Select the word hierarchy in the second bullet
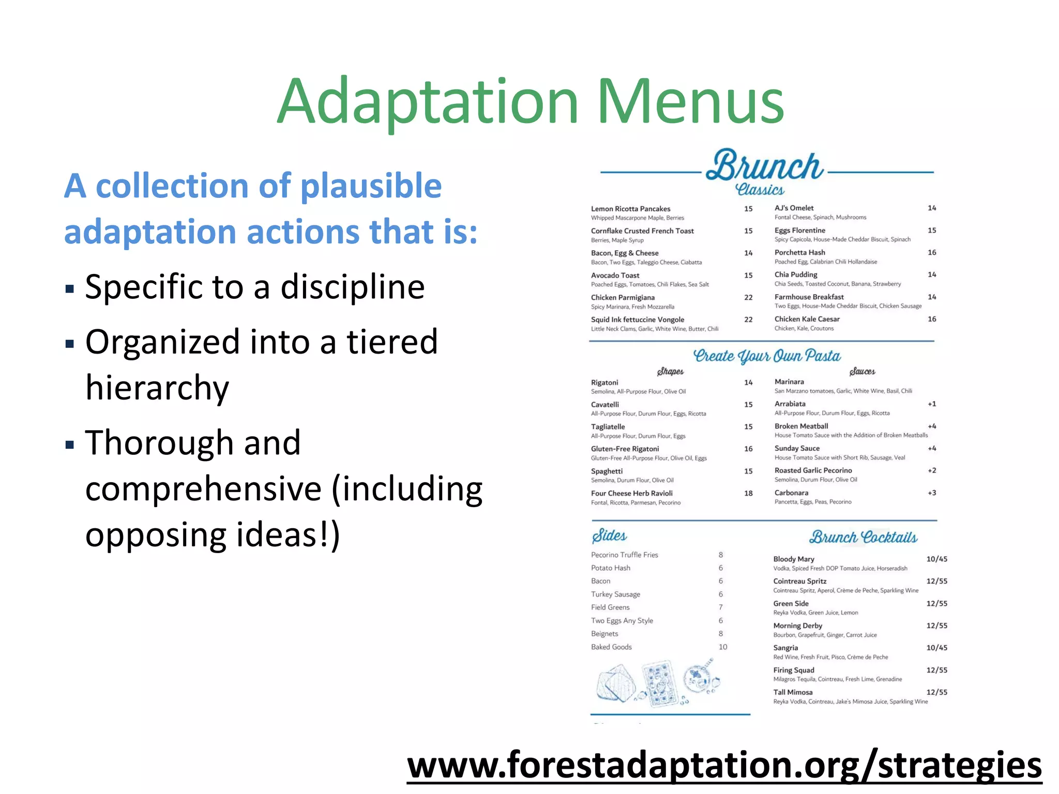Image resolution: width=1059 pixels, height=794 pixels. (x=157, y=388)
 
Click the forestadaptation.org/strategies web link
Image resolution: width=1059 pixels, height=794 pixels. (x=724, y=765)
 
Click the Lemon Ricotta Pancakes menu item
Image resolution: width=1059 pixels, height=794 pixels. (x=630, y=209)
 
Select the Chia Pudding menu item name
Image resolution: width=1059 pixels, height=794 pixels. (x=796, y=274)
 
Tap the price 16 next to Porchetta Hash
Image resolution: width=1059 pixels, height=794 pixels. (x=932, y=252)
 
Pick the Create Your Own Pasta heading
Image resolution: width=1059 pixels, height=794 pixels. (x=766, y=356)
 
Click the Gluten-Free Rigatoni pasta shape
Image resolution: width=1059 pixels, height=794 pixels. (x=625, y=449)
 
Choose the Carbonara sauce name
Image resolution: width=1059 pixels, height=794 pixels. (x=791, y=493)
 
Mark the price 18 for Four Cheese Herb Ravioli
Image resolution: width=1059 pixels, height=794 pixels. (x=748, y=493)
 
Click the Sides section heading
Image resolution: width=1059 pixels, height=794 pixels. (x=609, y=536)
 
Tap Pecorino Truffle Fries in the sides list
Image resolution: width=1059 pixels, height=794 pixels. (x=624, y=555)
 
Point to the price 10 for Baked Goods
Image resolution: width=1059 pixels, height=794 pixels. (x=723, y=647)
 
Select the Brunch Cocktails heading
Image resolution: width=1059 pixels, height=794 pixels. (x=863, y=538)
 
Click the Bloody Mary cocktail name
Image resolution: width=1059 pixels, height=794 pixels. (x=794, y=559)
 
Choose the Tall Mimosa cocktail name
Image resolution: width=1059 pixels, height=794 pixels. (x=793, y=692)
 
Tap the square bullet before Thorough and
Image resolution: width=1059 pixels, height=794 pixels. (x=70, y=444)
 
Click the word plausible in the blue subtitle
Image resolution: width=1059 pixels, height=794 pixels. (x=371, y=186)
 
